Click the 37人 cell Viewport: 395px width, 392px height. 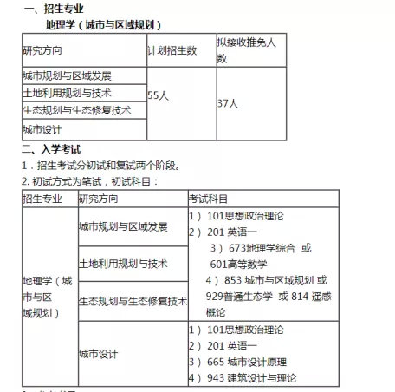[227, 102]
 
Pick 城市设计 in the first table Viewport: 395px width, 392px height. [42, 129]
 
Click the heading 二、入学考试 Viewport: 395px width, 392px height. [55, 149]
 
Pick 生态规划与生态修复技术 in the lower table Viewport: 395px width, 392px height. [133, 301]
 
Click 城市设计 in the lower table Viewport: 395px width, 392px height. [97, 354]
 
